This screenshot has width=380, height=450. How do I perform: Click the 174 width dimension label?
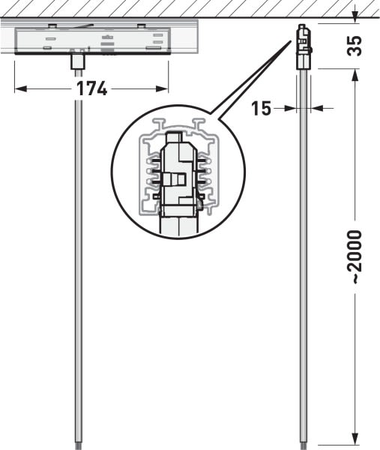[x=91, y=88]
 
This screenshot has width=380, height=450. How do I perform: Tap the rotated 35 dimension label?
[x=355, y=46]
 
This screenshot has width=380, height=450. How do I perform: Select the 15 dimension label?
[x=261, y=109]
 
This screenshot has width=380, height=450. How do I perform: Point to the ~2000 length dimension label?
[x=355, y=256]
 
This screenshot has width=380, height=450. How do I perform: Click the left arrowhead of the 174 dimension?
[x=20, y=89]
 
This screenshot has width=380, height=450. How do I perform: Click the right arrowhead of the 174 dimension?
[x=163, y=89]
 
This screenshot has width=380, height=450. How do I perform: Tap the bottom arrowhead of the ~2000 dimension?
[x=355, y=439]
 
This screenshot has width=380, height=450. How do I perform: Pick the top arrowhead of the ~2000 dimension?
[x=355, y=74]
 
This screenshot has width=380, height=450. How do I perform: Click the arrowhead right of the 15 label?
[x=316, y=109]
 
